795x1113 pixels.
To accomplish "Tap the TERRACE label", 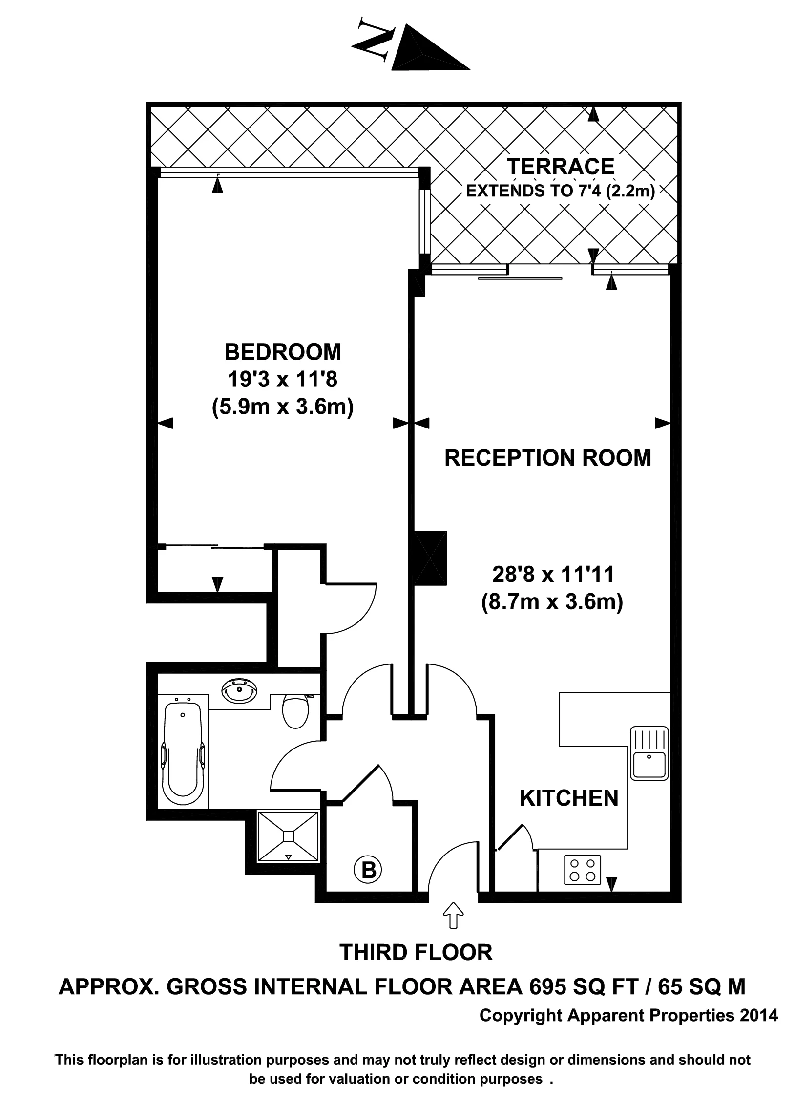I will coord(560,167).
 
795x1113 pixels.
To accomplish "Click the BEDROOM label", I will coord(282,352).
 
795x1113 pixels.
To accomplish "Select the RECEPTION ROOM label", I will coord(547,458).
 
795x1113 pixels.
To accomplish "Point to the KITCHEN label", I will coord(569,799).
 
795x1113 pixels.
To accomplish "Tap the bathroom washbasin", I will coord(239,692).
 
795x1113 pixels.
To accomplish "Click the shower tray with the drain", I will coord(288,836).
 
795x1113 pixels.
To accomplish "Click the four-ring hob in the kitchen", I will coord(582,870).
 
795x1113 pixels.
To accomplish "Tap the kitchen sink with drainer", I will coord(649,752).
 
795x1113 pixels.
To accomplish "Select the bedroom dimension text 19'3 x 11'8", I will coord(282,380).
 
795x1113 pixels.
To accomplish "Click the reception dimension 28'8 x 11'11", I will coord(553,575).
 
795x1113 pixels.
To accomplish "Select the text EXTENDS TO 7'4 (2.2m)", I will coord(560,191).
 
